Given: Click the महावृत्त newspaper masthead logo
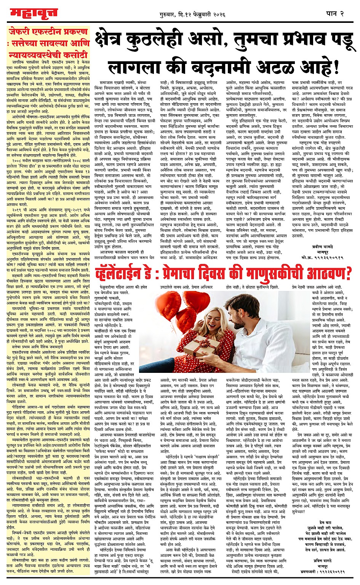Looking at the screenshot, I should [33, 13].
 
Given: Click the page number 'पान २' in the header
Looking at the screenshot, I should [335, 14].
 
